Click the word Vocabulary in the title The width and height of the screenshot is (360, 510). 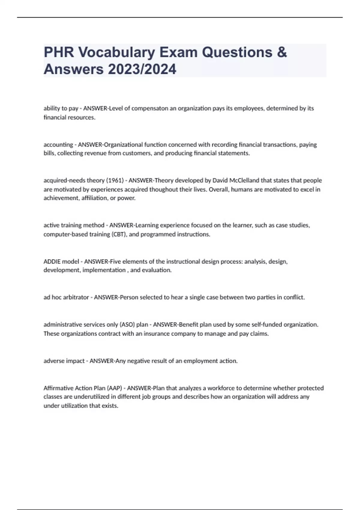tap(117, 52)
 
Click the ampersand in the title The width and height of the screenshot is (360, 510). tap(282, 52)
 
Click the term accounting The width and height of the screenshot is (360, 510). tap(58, 145)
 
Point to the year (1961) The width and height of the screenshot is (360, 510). tap(115, 180)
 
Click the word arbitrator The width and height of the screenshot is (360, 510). tap(76, 298)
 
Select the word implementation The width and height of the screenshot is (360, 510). tap(104, 270)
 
